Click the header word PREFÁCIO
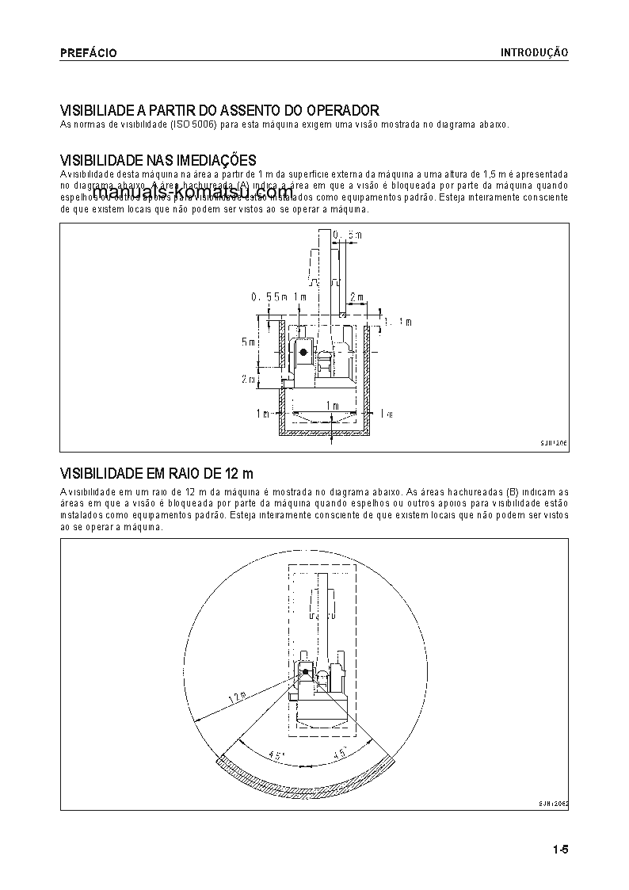(89, 52)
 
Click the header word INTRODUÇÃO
(534, 52)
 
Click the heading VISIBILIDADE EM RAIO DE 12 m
(157, 474)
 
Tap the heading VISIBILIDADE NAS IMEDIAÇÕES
(158, 161)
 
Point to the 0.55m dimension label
(267, 296)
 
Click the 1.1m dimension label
(398, 321)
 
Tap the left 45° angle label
(276, 756)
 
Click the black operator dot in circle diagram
(305, 672)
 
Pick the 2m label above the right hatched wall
(356, 297)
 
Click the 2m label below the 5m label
(247, 380)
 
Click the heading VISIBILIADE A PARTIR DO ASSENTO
(220, 110)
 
